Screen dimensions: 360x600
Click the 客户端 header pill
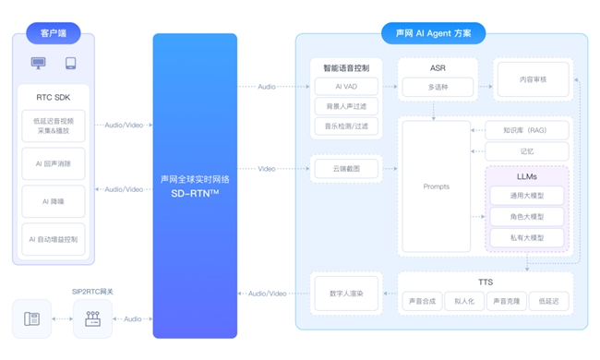(53, 34)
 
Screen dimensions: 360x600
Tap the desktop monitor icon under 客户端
(38, 64)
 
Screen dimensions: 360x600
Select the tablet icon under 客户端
(70, 64)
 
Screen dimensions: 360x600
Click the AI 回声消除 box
(53, 163)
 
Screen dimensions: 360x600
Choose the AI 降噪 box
(53, 201)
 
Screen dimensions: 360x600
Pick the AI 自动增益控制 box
(53, 239)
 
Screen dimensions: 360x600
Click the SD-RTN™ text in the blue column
(195, 192)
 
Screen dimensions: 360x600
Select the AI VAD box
(346, 86)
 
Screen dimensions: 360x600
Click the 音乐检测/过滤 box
(346, 126)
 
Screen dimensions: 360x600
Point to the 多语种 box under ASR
(438, 88)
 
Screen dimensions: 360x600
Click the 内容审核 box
(533, 80)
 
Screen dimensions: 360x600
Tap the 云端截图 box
(346, 168)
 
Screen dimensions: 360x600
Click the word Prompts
(436, 186)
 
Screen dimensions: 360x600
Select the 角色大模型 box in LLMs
(527, 217)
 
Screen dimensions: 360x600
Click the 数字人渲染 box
(346, 294)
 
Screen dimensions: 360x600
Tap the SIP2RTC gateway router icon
(92, 319)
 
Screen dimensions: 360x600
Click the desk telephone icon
(32, 319)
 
